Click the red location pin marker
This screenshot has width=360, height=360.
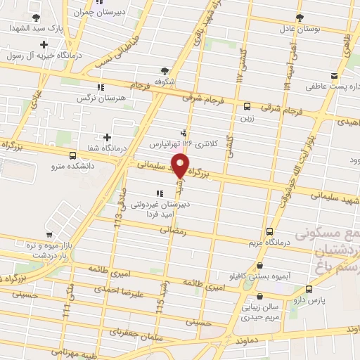coord(181,166)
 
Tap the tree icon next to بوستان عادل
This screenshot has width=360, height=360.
coord(300,17)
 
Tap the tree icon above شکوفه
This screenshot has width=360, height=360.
coord(165,70)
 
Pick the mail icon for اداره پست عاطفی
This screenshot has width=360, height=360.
coord(334,76)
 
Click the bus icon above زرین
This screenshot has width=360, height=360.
coord(247,107)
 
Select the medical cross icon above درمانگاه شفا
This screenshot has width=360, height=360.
coord(107,137)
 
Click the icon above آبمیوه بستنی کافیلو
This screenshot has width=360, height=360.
coord(262,265)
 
